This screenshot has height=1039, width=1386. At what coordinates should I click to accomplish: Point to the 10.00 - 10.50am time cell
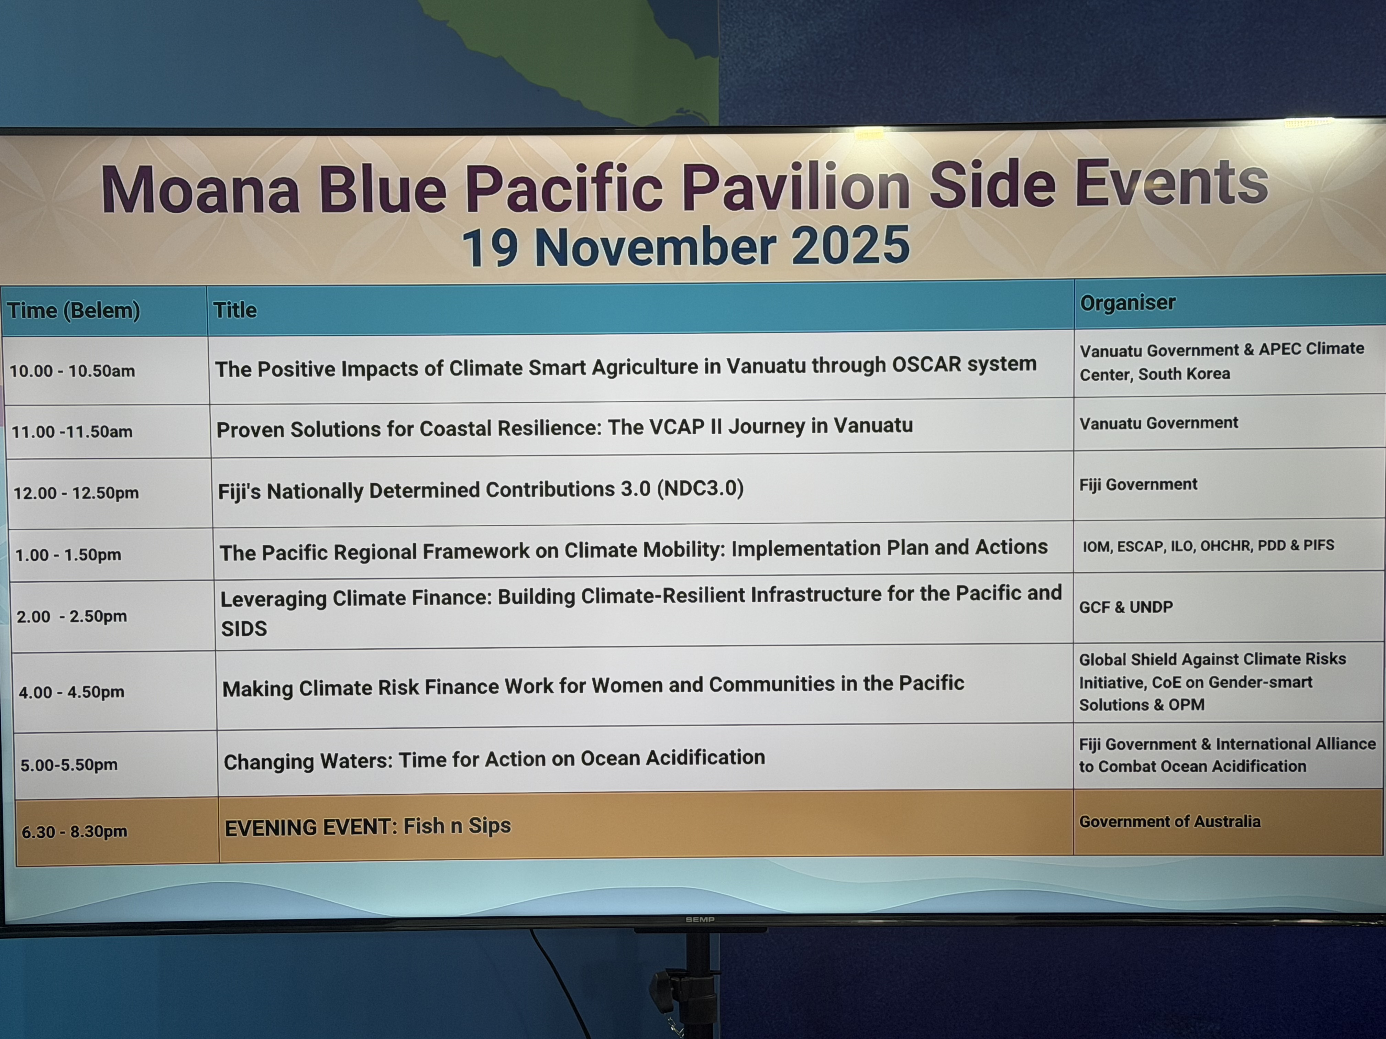coord(72,371)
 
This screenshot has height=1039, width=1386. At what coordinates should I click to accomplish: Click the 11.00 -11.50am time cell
coord(72,432)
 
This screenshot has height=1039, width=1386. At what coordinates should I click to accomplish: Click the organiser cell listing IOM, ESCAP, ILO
coord(1208,546)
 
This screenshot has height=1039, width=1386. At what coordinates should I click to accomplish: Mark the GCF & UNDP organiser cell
coord(1125,607)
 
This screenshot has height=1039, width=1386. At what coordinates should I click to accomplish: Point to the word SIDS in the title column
coord(244,628)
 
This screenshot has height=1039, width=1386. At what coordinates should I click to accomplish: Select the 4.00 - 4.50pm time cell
coord(71,692)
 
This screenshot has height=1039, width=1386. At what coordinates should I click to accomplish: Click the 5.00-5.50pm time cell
coord(69,765)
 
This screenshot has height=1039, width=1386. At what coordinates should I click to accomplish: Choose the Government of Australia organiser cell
coord(1169,821)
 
